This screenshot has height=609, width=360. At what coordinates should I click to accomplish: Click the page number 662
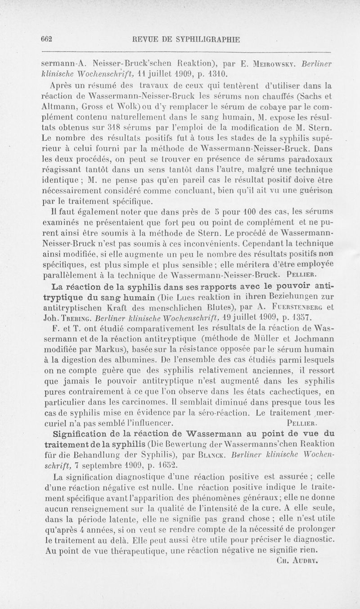click(x=46, y=39)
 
